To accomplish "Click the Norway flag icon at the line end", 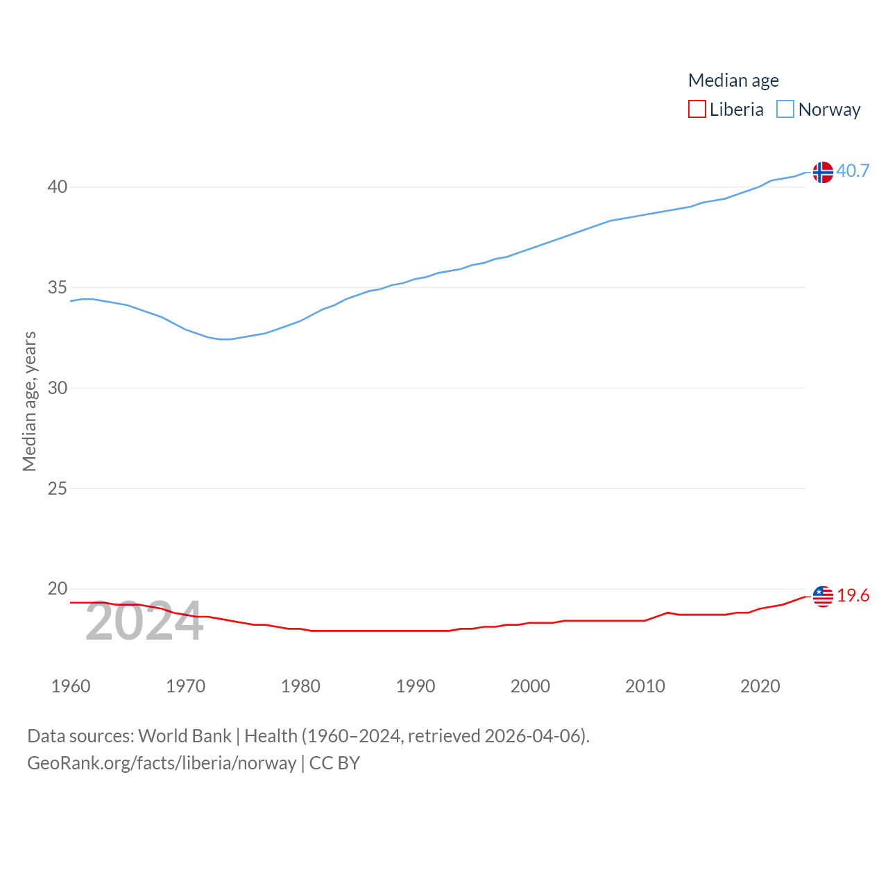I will coord(823,172).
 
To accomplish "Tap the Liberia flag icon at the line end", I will coord(823,596).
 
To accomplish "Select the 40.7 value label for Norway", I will coord(853,171).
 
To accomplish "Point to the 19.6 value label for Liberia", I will coord(853,595).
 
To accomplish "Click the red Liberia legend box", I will coord(697,110).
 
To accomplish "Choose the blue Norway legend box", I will coord(785,110).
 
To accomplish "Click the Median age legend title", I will coord(733,80).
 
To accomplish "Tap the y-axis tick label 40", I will coord(58,187).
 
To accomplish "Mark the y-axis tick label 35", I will coord(58,287).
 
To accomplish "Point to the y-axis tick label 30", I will coord(58,388).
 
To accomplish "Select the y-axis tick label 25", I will coord(58,488).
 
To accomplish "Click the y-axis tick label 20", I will coord(58,589).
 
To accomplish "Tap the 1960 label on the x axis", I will coord(71,686).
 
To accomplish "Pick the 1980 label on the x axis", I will coord(300,686).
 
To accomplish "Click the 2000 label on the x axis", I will coord(530,686).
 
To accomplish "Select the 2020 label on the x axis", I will coord(760,686).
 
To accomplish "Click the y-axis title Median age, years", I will coord(29,401).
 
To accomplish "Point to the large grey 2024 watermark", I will coord(144,622).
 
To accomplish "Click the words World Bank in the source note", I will coord(185,735).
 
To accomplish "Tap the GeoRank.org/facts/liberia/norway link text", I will coord(162,763).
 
